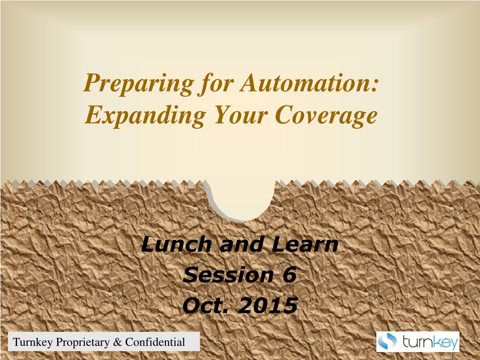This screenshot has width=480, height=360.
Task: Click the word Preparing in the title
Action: coord(139,84)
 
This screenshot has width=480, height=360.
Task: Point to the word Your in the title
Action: coord(241,115)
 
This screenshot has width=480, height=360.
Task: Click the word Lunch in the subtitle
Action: coord(176,245)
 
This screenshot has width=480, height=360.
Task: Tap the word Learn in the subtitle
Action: coord(305,245)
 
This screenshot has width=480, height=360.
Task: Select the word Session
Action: coord(228,275)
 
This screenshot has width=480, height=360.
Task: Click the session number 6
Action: coord(289,275)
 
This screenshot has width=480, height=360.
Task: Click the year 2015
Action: coord(268,305)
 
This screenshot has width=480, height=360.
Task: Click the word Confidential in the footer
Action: coord(155,342)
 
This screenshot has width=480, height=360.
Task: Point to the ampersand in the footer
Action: coord(117,342)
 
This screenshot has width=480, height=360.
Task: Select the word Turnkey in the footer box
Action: coord(33,342)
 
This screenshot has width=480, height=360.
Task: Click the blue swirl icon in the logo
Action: coord(387,341)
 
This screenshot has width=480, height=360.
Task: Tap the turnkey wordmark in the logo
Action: coord(430,342)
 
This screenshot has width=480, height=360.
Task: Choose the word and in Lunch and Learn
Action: coord(241,245)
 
